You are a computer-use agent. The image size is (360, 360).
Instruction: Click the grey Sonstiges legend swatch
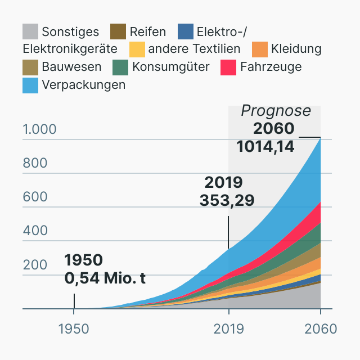pyautogui.click(x=30, y=31)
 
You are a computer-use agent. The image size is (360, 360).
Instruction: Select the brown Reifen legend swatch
pyautogui.click(x=118, y=31)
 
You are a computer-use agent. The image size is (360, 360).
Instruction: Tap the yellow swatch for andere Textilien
pyautogui.click(x=137, y=49)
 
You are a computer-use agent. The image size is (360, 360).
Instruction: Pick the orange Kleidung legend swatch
pyautogui.click(x=259, y=49)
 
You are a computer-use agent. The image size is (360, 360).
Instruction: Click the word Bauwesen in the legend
pyautogui.click(x=71, y=67)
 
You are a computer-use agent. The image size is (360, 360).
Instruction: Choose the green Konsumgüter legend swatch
pyautogui.click(x=121, y=67)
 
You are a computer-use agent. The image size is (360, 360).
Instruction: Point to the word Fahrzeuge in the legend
pyautogui.click(x=271, y=67)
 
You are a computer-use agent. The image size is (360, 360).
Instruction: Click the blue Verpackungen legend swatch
pyautogui.click(x=30, y=85)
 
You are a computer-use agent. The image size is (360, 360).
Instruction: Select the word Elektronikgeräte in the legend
pyautogui.click(x=70, y=49)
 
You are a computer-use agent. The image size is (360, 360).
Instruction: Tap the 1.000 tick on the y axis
pyautogui.click(x=39, y=129)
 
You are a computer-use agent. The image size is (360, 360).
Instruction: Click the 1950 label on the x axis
pyautogui.click(x=74, y=328)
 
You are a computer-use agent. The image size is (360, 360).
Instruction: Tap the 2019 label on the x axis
pyautogui.click(x=228, y=328)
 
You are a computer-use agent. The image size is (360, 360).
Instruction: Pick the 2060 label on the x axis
pyautogui.click(x=320, y=328)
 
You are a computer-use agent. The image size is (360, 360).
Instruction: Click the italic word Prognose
pyautogui.click(x=276, y=111)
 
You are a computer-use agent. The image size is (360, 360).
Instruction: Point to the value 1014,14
pyautogui.click(x=265, y=146)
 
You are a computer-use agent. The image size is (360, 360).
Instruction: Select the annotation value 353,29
pyautogui.click(x=227, y=200)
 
